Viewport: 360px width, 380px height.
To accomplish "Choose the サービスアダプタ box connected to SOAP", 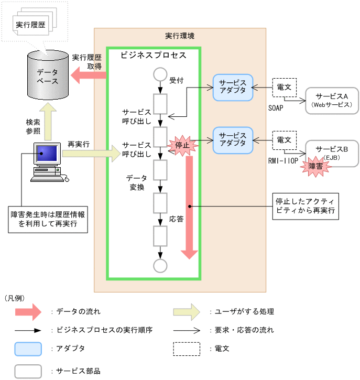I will [233, 87].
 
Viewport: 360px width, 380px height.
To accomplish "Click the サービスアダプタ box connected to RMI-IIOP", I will [233, 139].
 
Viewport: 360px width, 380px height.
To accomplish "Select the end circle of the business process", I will [160, 265].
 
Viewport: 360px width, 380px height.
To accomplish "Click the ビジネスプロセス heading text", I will [153, 55].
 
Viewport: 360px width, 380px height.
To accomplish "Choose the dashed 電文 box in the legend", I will [186, 349].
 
